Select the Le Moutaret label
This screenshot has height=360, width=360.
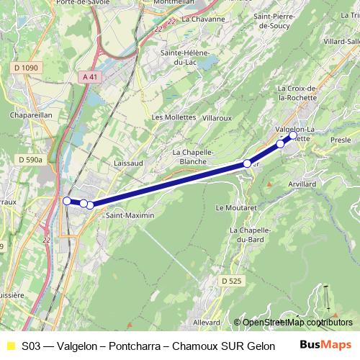coord(236,207)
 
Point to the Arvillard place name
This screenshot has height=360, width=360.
coord(300,185)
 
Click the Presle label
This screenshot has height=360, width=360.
coord(340,140)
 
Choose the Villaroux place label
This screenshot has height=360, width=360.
coord(218,117)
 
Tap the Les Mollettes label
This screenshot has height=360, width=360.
coord(174,117)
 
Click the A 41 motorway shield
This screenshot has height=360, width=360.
coord(89,76)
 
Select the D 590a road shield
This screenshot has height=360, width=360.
coord(31,159)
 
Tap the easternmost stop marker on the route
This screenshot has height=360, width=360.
coord(293,135)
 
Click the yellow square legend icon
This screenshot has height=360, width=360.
coord(10,346)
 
